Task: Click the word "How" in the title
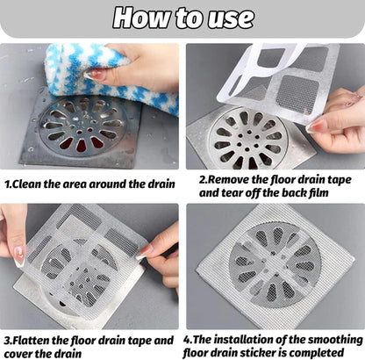pyautogui.click(x=141, y=18)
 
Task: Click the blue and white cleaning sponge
pyautogui.click(x=111, y=76)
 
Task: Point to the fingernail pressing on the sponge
pyautogui.click(x=94, y=74)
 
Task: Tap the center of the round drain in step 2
pyautogui.click(x=248, y=140)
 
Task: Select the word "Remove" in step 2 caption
pyautogui.click(x=228, y=179)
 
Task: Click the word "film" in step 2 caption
pyautogui.click(x=318, y=192)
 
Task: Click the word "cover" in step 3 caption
pyautogui.click(x=19, y=353)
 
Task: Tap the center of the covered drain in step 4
pyautogui.click(x=275, y=265)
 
